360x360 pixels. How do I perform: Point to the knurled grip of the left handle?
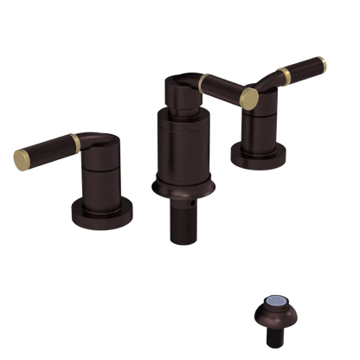pos(44,148)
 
